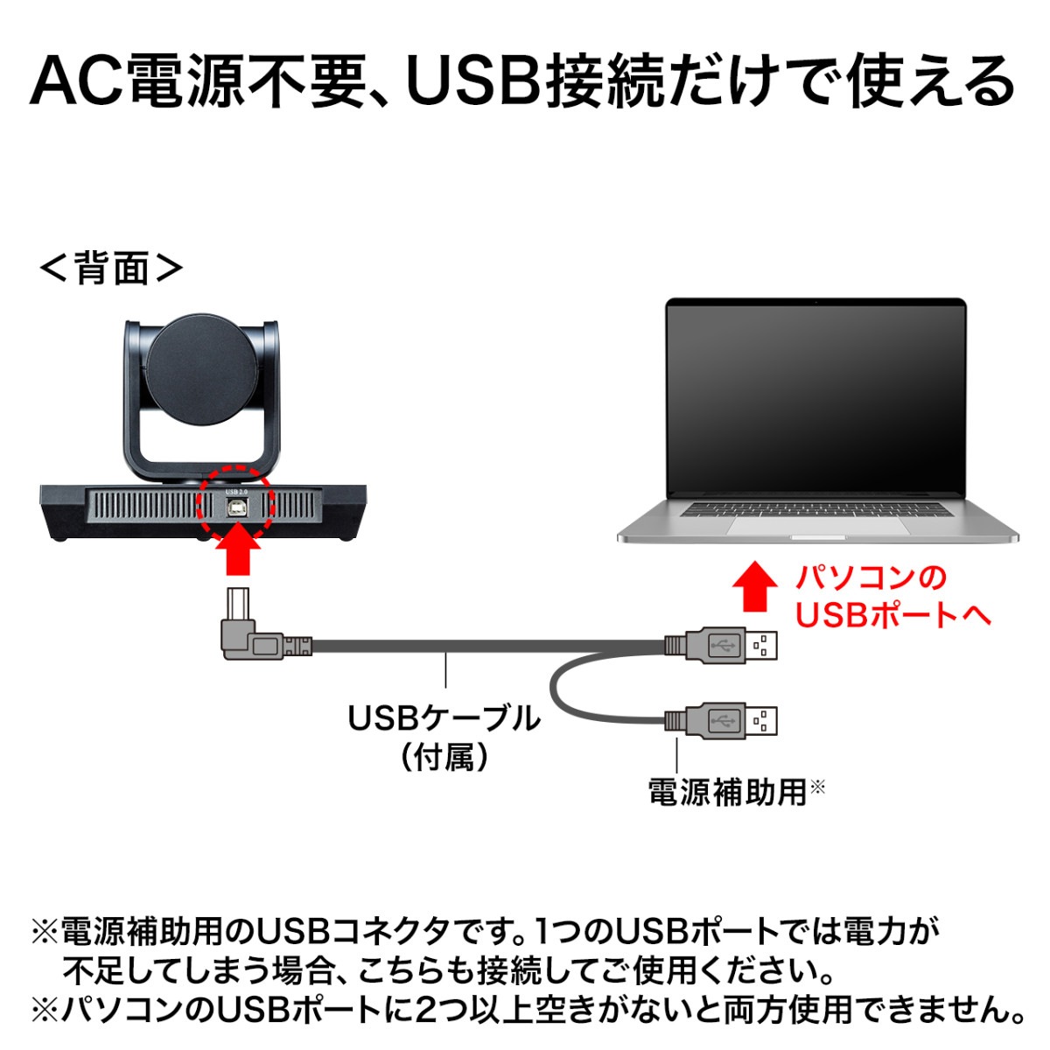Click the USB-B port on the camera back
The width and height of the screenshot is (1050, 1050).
pyautogui.click(x=236, y=507)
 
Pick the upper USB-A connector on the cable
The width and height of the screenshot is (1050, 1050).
pyautogui.click(x=720, y=646)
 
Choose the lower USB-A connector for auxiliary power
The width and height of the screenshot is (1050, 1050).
pyautogui.click(x=720, y=721)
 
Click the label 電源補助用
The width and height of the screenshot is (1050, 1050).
pyautogui.click(x=727, y=792)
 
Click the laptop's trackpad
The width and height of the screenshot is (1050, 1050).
pyautogui.click(x=819, y=526)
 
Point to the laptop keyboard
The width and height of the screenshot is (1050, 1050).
pyautogui.click(x=815, y=509)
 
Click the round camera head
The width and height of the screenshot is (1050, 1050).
pyautogui.click(x=202, y=369)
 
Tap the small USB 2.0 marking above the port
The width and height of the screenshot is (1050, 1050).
pyautogui.click(x=236, y=492)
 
